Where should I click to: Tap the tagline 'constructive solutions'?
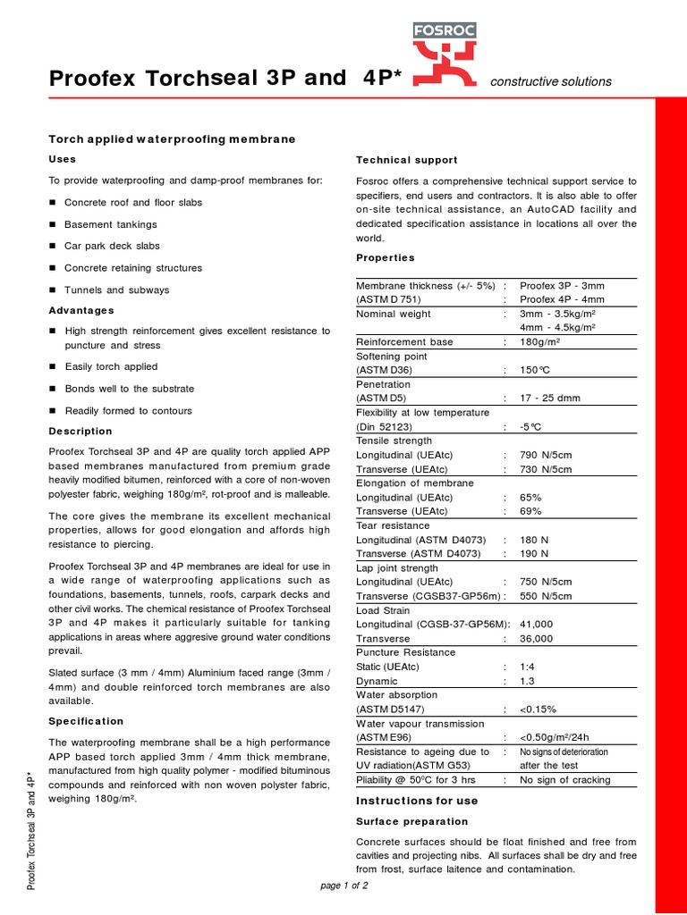point(550,81)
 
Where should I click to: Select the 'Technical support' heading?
point(406,160)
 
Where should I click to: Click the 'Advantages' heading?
point(81,310)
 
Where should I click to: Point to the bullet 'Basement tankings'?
point(110,224)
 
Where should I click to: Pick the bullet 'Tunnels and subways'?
point(116,290)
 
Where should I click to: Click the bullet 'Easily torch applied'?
point(111,366)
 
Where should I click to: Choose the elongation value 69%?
point(530,511)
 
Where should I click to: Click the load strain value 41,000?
point(536,624)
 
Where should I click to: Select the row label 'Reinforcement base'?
point(404,341)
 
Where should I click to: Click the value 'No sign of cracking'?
point(564,780)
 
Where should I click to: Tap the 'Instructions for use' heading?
point(417,801)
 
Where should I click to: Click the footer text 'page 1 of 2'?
point(343,886)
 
